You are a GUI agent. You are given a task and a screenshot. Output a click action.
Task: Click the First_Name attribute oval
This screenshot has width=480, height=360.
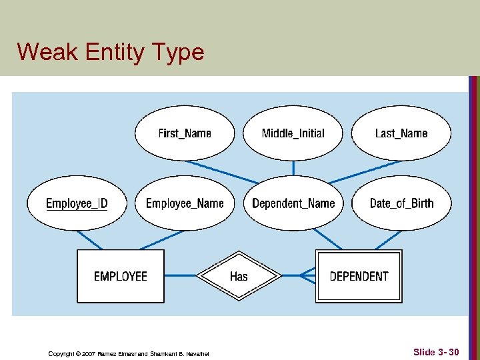[185, 133]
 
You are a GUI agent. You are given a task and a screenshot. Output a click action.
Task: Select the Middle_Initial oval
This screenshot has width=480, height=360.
[293, 133]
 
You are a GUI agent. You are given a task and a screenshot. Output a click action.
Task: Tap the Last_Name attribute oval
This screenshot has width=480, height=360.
[401, 133]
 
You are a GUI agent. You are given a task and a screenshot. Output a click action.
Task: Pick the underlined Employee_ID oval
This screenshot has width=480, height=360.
[77, 203]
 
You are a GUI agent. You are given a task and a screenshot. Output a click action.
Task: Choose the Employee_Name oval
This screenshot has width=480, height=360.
[185, 203]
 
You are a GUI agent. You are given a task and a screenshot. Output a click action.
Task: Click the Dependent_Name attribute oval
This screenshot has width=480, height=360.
[293, 203]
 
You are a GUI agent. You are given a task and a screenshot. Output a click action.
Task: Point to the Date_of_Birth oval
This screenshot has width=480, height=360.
[401, 203]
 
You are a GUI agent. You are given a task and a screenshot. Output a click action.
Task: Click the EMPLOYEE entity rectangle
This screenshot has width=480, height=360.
[121, 276]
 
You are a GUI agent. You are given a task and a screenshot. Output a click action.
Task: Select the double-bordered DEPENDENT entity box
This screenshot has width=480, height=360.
[359, 276]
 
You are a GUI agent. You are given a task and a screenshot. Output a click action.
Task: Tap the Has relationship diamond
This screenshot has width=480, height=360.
[239, 276]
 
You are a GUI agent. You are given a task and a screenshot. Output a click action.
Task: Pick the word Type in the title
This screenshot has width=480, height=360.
[179, 51]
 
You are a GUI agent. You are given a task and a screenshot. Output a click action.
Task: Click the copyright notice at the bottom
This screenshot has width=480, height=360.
[129, 353]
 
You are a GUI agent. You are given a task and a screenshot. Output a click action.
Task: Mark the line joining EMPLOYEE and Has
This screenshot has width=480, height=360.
[181, 275]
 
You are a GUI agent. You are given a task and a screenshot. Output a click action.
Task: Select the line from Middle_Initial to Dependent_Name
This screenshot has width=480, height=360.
[293, 168]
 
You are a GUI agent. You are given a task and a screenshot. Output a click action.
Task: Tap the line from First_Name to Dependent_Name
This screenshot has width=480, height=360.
[220, 171]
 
